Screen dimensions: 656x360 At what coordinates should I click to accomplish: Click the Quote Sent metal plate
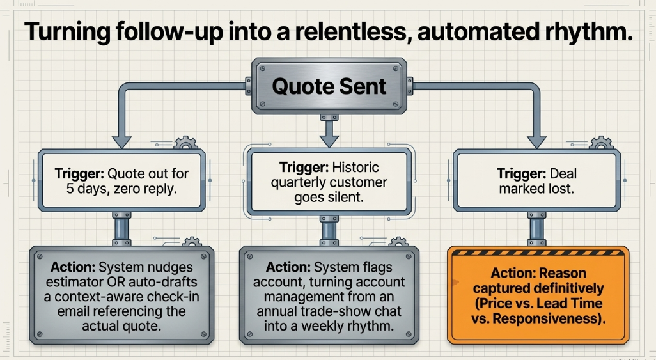pos(329,86)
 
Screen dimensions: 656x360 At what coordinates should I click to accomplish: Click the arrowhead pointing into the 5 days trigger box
pos(121,142)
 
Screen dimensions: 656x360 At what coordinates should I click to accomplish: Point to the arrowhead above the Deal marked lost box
pos(536,142)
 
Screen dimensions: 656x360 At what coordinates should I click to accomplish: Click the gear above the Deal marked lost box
pos(601,143)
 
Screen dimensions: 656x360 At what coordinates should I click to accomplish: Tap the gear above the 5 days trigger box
pos(185,143)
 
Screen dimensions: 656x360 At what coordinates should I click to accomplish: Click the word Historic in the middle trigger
pos(355,168)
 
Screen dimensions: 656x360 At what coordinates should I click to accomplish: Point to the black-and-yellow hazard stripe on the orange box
pos(538,253)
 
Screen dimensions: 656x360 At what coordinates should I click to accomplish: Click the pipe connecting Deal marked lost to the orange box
pos(537,229)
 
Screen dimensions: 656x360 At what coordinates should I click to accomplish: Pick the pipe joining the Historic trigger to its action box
pos(329,231)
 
